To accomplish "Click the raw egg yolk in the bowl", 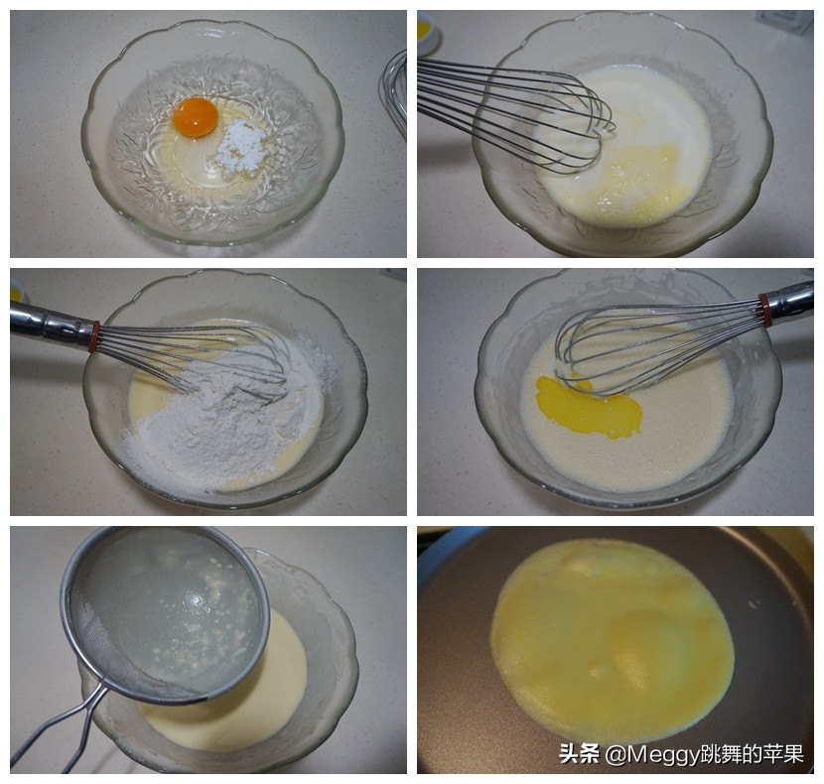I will tap(196, 117).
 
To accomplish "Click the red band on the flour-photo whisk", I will tap(94, 335).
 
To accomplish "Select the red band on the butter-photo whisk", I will tap(764, 309).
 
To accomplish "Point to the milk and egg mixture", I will tap(635, 159).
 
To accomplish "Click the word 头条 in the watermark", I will tap(578, 754).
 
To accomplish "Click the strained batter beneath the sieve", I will tap(258, 705).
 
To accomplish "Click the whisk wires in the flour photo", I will tap(199, 357).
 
